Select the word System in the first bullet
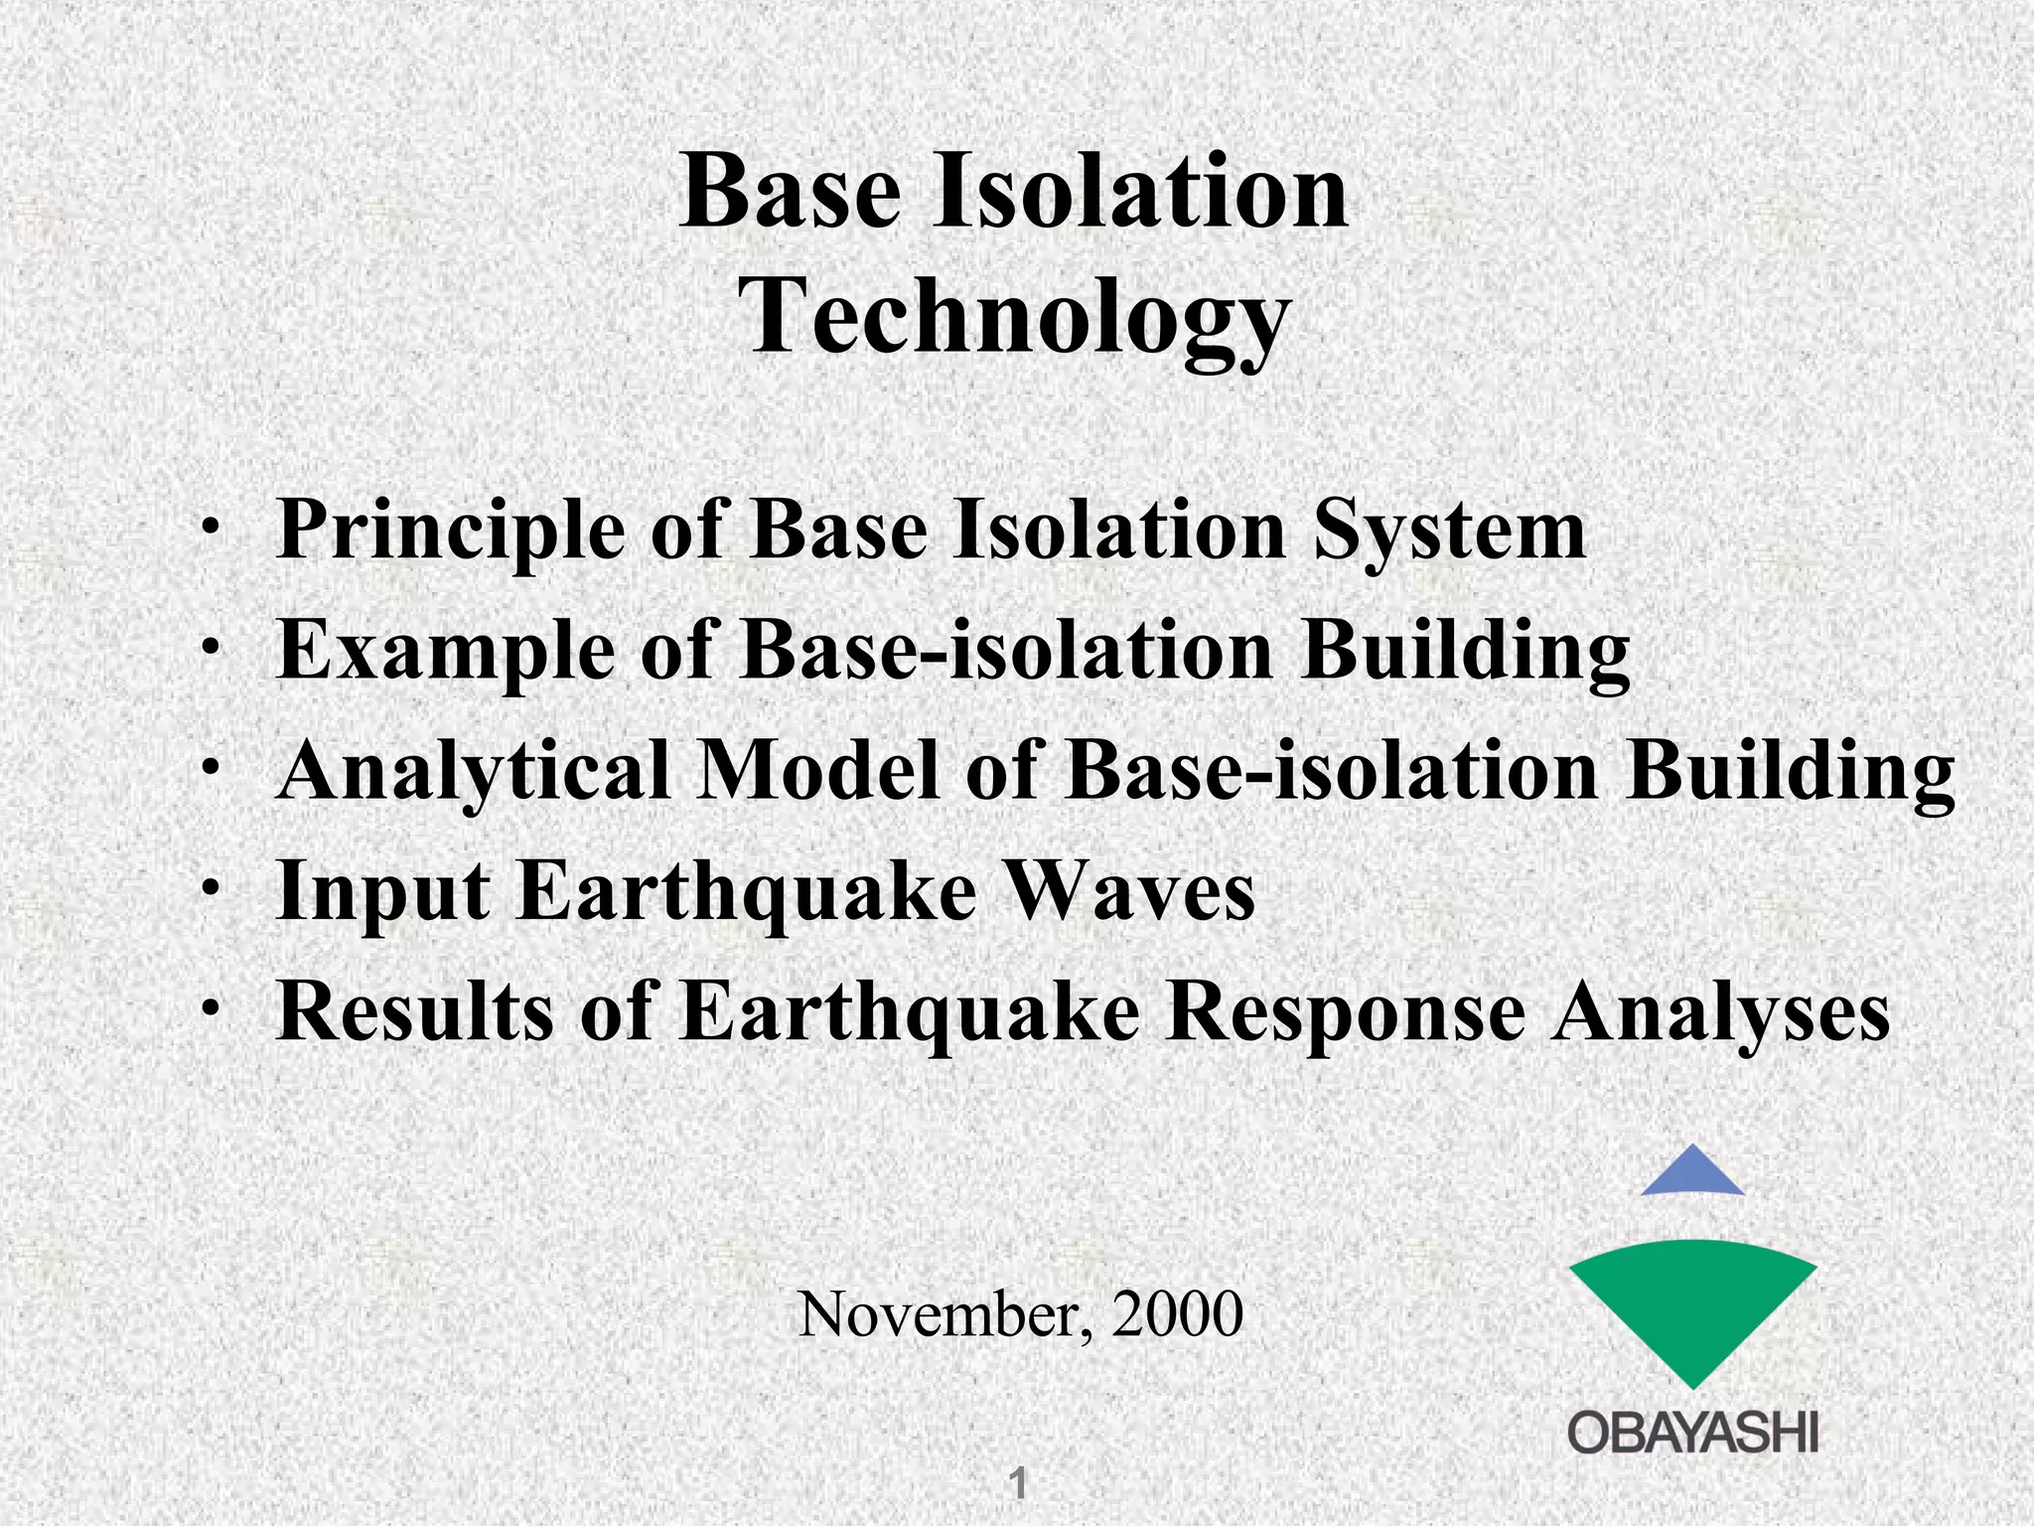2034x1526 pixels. coord(1449,531)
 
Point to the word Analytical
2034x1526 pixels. coord(474,771)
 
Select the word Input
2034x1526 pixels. coord(382,892)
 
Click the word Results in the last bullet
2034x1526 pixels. coord(414,1011)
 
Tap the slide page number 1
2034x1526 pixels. coord(1017,1484)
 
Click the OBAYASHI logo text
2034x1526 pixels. coord(1692,1435)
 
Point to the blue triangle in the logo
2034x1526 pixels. coord(1692,1174)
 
